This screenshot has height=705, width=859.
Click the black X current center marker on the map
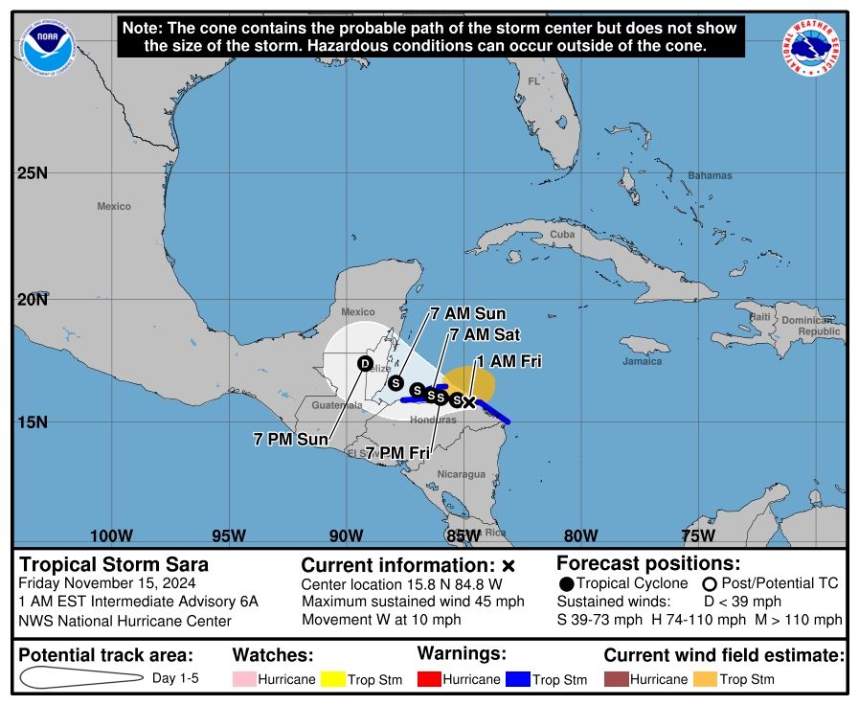click(x=468, y=401)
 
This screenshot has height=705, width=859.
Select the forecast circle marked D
click(x=365, y=363)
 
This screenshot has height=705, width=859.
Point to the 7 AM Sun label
click(x=467, y=313)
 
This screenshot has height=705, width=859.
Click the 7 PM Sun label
click(x=290, y=439)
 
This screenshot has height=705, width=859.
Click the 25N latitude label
click(x=33, y=173)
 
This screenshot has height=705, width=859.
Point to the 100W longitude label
click(x=110, y=534)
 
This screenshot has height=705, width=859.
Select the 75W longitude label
click(x=697, y=534)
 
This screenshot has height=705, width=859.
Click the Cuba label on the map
click(x=562, y=235)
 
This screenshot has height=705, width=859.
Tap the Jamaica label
click(x=642, y=361)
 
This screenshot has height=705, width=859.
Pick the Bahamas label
click(x=710, y=175)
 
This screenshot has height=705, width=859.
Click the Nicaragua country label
click(x=461, y=474)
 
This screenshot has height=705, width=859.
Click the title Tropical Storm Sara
click(x=114, y=564)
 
